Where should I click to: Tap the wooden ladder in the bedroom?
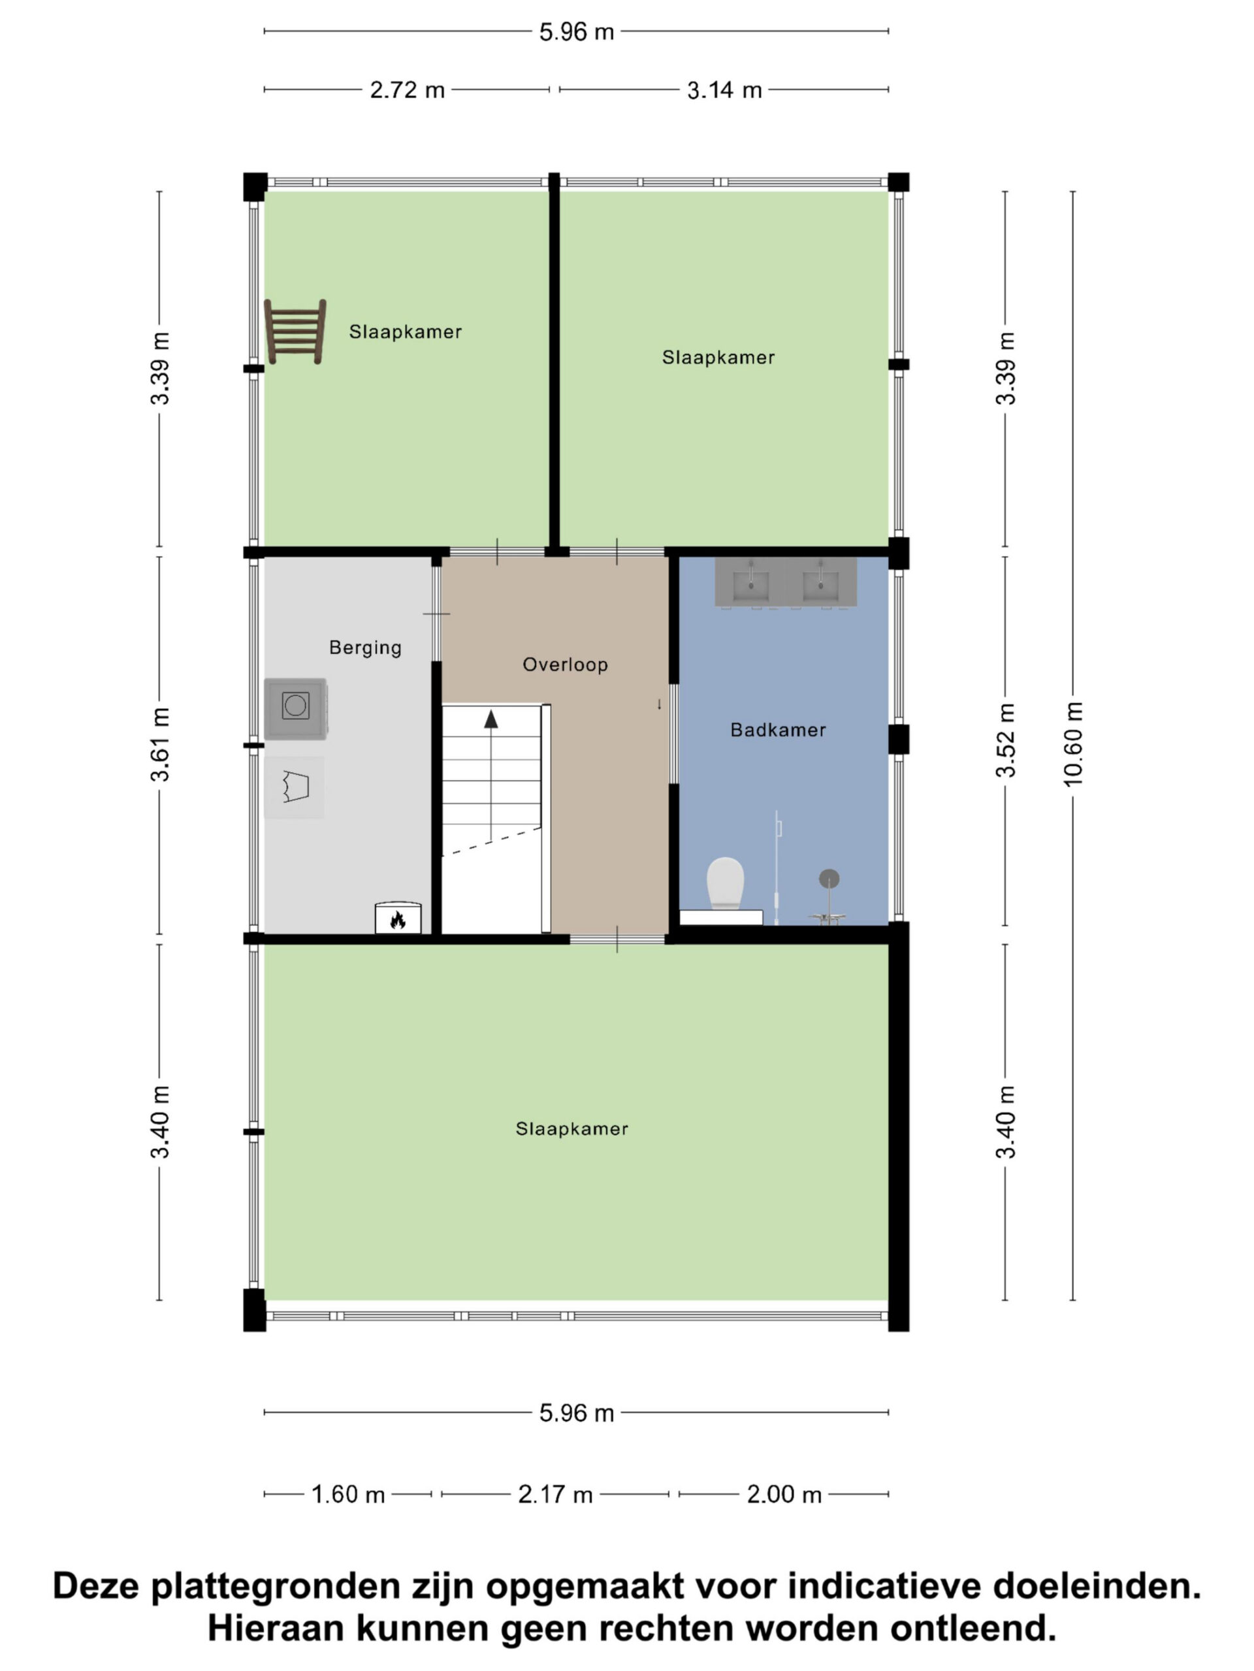click(295, 331)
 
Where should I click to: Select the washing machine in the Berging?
click(295, 708)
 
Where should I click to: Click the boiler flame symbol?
click(398, 919)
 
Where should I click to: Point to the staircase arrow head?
click(491, 719)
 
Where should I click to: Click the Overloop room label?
click(566, 664)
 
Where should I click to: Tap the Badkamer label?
click(778, 730)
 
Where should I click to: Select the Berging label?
click(365, 648)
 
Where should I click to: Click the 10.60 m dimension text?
click(1073, 744)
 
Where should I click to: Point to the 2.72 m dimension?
click(407, 91)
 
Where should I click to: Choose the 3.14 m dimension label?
click(724, 91)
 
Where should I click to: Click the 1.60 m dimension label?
click(349, 1494)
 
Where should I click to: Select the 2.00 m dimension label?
click(784, 1494)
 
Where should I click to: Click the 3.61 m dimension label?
click(160, 745)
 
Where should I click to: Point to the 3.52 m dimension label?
click(1006, 740)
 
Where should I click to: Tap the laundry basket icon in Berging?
click(295, 787)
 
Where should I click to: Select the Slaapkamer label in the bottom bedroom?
click(571, 1129)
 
